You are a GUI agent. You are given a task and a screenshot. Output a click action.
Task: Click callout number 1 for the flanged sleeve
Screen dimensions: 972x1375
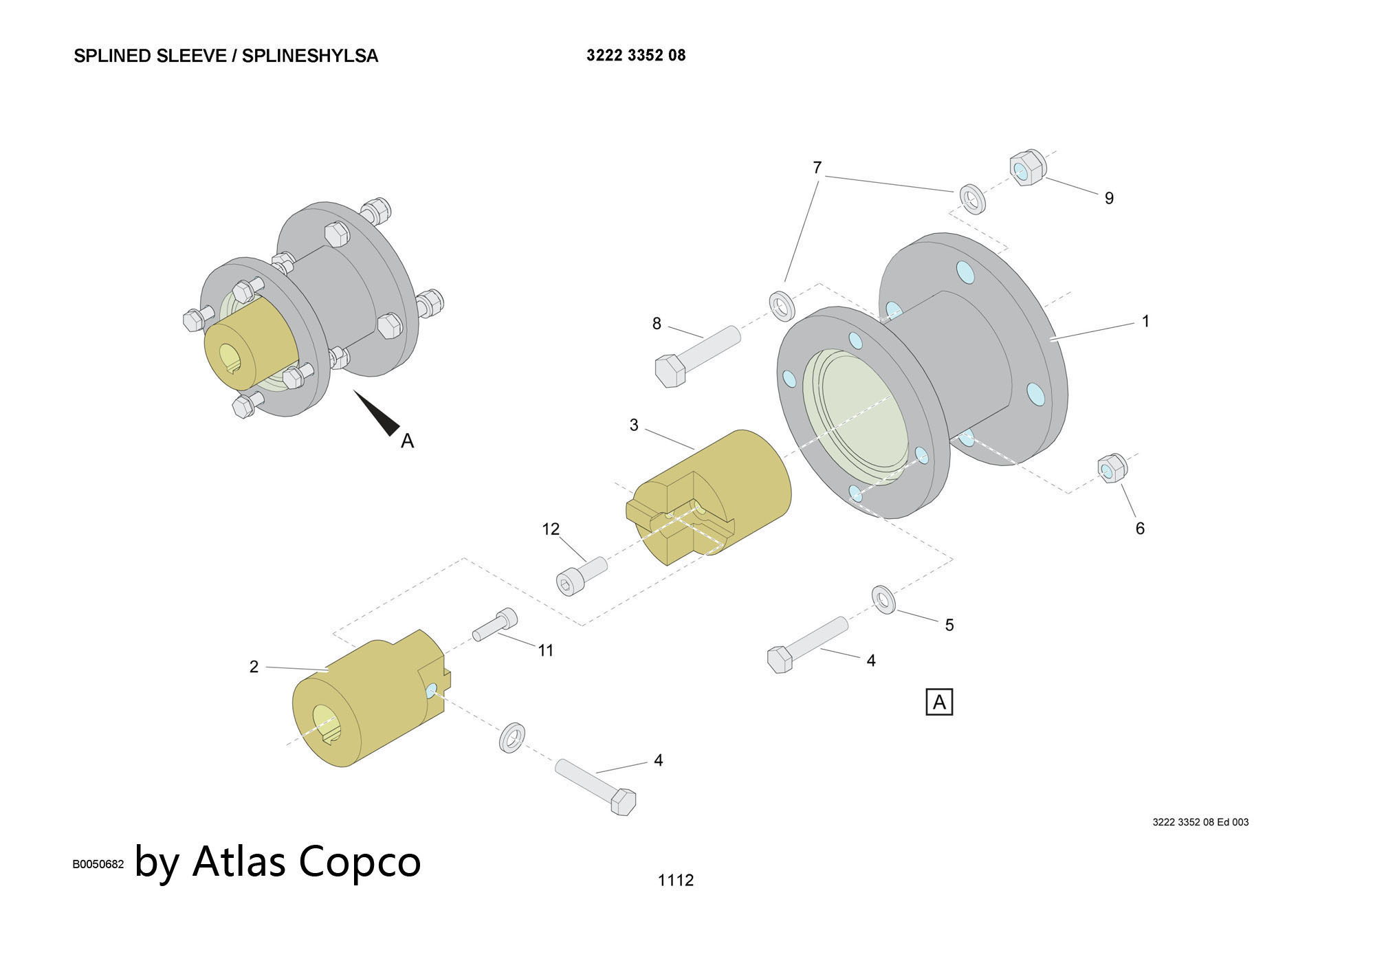[x=1145, y=321]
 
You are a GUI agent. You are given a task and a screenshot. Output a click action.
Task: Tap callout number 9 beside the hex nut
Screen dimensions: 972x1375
[x=1108, y=198]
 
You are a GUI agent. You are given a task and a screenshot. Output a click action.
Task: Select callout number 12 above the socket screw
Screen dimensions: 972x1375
[x=551, y=529]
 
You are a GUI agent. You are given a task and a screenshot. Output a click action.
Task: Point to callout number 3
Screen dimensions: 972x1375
[x=634, y=426]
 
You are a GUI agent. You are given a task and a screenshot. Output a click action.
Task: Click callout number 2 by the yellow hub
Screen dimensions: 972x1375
[x=254, y=666]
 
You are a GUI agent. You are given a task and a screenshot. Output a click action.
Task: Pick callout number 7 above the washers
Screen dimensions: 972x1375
[x=817, y=168]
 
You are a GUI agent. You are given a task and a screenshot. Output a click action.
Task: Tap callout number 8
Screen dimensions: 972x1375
[x=657, y=323]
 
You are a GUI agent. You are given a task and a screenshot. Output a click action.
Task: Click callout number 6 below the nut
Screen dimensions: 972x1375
[x=1139, y=528]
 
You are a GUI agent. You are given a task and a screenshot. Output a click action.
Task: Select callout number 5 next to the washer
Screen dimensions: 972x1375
[x=949, y=625]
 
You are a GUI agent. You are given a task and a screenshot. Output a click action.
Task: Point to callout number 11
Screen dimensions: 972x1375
[x=545, y=650]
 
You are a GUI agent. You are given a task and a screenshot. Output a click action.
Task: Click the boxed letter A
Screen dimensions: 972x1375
[x=939, y=702]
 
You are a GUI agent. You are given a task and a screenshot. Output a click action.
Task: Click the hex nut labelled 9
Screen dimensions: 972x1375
[x=1027, y=167]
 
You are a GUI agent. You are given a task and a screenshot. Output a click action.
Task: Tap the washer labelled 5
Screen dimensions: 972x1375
[x=883, y=599]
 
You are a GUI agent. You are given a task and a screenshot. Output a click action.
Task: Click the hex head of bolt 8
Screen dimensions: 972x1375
[x=670, y=371]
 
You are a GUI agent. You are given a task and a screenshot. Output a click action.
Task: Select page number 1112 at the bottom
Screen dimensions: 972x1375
[x=675, y=880]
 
